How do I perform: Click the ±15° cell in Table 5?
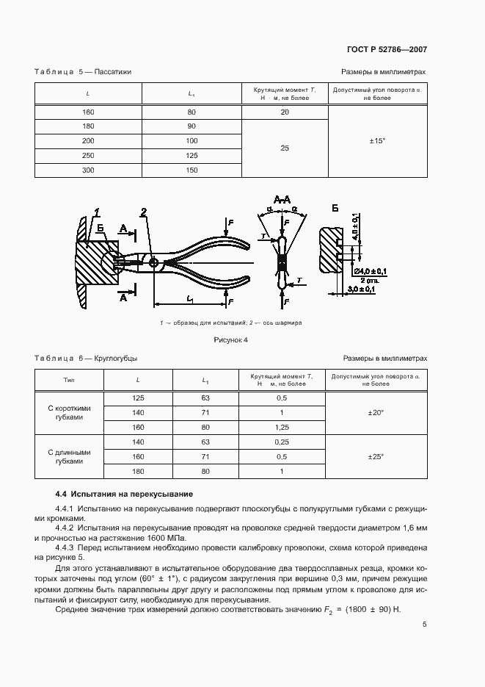(377, 140)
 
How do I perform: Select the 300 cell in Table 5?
(88, 170)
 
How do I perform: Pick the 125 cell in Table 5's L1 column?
(192, 155)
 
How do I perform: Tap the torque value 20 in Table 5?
(285, 112)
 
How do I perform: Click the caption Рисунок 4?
(230, 339)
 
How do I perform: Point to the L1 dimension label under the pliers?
(191, 299)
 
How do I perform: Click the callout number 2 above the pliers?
(145, 213)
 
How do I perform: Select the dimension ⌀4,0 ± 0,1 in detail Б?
(373, 272)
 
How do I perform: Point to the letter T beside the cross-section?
(263, 235)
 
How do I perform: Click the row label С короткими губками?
(69, 411)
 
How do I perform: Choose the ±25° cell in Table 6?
(376, 456)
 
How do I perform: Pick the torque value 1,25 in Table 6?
(281, 426)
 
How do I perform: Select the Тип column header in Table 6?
(69, 380)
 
